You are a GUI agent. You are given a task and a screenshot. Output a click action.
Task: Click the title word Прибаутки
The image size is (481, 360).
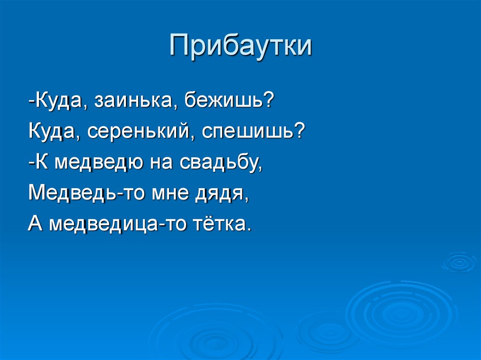click(241, 46)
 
